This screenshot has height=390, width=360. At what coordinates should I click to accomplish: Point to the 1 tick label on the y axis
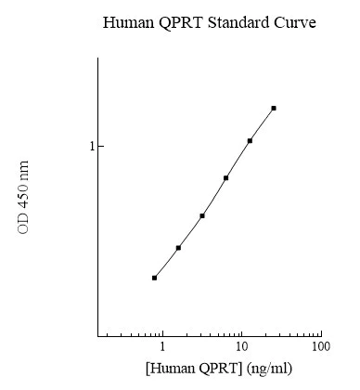[92, 147]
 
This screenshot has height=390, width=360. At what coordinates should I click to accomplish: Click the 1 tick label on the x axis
[162, 347]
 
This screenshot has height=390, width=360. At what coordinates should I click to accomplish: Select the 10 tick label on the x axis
[241, 347]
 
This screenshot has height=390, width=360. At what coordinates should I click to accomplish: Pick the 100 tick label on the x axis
[320, 347]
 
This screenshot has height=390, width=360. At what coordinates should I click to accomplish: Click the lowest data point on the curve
[154, 278]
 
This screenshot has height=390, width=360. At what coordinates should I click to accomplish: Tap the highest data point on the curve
[274, 108]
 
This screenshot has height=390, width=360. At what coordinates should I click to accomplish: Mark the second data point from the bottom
[178, 248]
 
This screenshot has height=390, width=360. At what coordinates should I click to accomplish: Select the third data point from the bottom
[202, 215]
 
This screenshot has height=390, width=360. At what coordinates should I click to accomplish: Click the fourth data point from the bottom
[225, 177]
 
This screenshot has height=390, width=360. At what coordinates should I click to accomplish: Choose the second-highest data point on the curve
[250, 141]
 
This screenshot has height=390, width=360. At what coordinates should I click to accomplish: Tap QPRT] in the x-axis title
[221, 369]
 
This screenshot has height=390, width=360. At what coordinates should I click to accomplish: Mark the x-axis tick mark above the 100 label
[320, 334]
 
